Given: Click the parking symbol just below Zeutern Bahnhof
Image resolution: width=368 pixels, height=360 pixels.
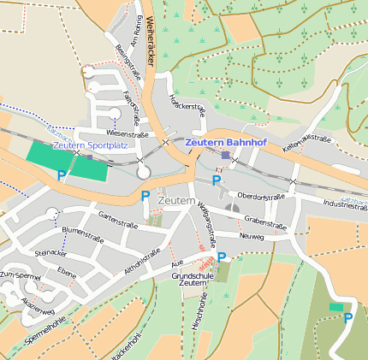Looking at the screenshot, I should pyautogui.click(x=216, y=180).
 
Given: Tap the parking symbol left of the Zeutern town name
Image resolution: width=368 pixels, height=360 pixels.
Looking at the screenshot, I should pyautogui.click(x=145, y=197).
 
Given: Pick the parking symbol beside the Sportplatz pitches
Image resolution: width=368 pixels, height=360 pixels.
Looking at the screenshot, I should pyautogui.click(x=61, y=175).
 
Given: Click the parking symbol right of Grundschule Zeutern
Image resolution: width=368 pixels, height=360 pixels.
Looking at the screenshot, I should pyautogui.click(x=222, y=257).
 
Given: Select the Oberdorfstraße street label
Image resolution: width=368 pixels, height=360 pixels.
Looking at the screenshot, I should pyautogui.click(x=261, y=196).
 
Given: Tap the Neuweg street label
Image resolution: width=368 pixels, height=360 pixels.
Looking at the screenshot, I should pyautogui.click(x=252, y=236).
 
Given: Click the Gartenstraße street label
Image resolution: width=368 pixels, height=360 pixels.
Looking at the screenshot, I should pyautogui.click(x=118, y=219).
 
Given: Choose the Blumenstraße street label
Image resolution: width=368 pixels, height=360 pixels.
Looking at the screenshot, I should pyautogui.click(x=82, y=232).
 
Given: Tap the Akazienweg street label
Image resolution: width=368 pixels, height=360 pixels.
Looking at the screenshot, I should pyautogui.click(x=39, y=306).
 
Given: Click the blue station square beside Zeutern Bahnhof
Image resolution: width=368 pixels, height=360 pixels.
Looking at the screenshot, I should pyautogui.click(x=225, y=156).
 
